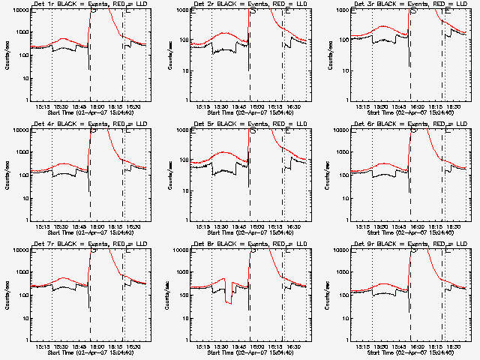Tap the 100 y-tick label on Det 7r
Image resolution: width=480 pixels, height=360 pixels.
(22, 295)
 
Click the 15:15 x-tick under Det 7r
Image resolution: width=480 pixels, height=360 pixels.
(44, 346)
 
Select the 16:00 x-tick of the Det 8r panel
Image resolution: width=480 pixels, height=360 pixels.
(256, 346)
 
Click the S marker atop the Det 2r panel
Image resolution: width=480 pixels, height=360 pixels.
(253, 11)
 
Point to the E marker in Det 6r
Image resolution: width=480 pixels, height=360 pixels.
(447, 131)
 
